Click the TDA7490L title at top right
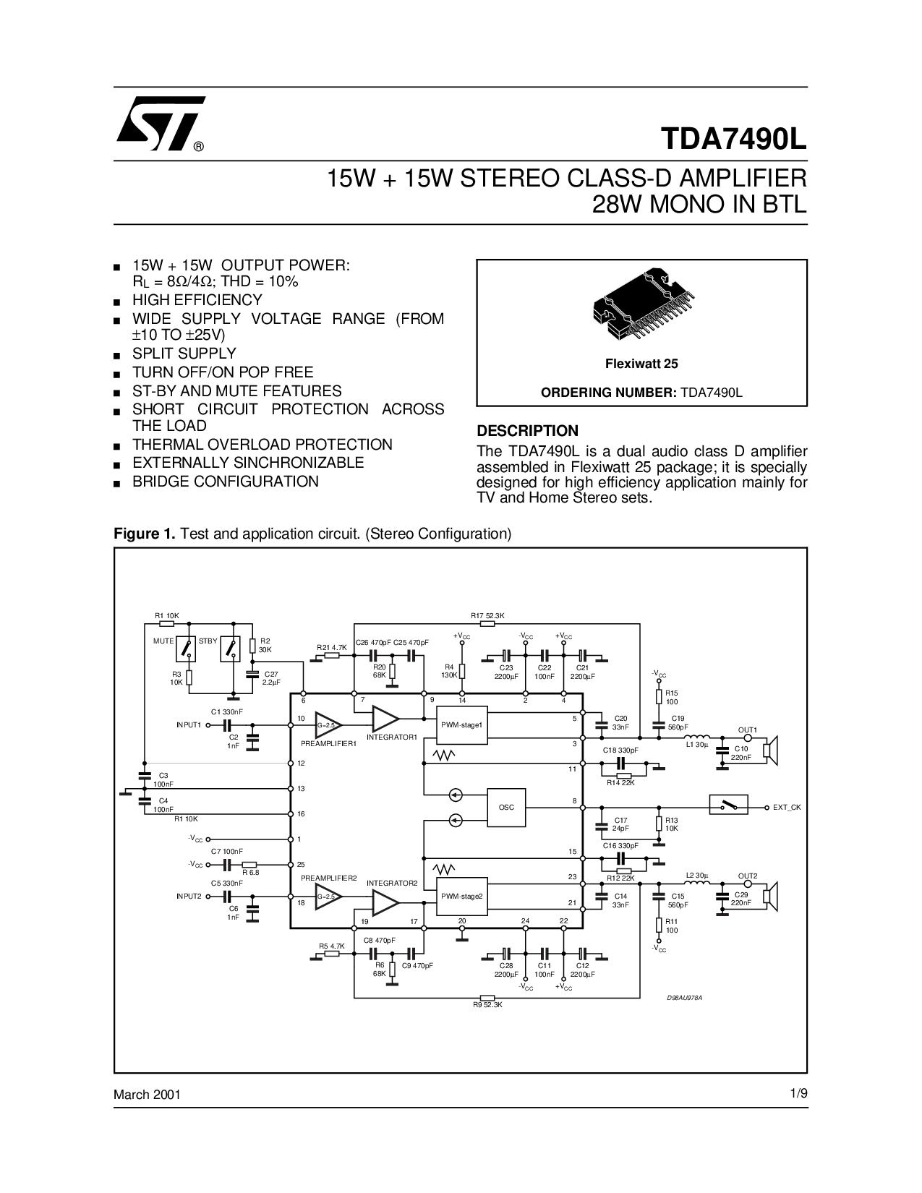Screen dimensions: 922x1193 (x=734, y=139)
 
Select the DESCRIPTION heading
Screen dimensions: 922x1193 (x=527, y=430)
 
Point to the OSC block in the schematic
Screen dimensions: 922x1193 (x=506, y=808)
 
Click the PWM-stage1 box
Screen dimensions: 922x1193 (x=462, y=724)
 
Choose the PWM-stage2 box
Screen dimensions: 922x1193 (x=462, y=897)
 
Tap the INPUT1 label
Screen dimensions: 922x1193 (x=189, y=724)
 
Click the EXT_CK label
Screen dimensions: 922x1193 (x=787, y=807)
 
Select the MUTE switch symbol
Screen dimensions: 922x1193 (x=186, y=649)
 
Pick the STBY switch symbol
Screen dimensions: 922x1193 (x=231, y=649)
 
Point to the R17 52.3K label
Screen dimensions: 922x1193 (x=487, y=615)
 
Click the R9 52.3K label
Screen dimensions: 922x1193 (x=487, y=1005)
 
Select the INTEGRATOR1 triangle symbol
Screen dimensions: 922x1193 (x=385, y=719)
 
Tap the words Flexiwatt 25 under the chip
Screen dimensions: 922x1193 (x=641, y=364)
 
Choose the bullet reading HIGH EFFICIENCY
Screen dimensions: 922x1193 (x=197, y=300)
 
